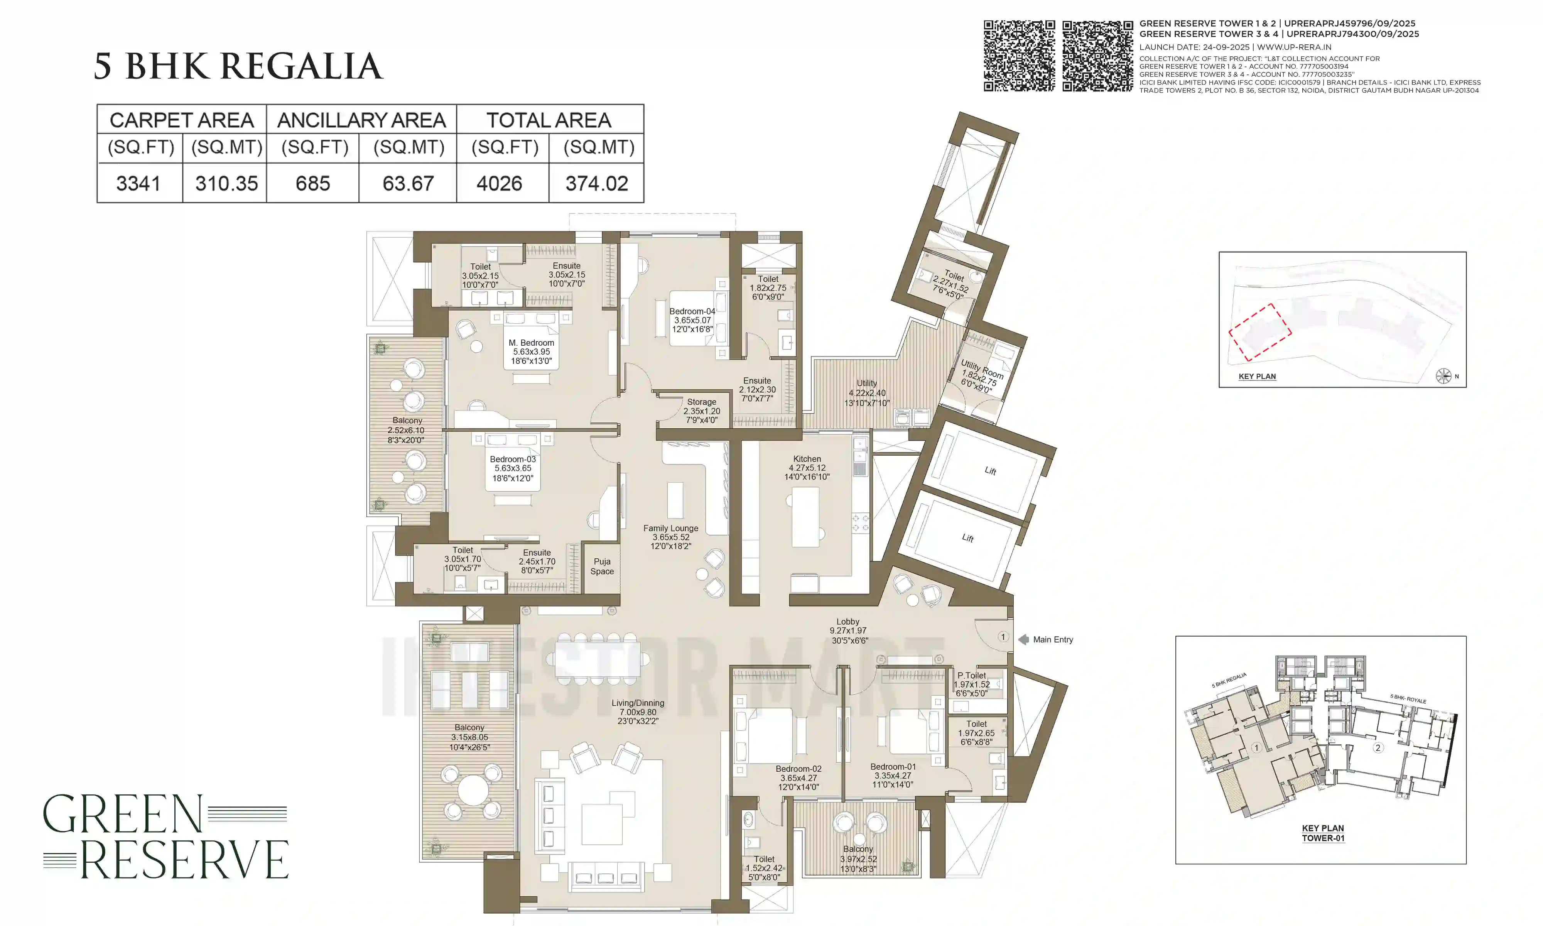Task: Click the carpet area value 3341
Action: click(138, 183)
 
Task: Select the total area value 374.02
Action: click(596, 183)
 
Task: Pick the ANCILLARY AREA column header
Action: click(361, 120)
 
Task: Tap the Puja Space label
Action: click(602, 566)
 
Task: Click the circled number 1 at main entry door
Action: click(1003, 637)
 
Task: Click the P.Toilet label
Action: click(972, 675)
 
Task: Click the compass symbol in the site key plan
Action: click(1443, 376)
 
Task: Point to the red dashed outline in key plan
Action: click(1260, 332)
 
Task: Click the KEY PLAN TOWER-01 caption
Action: click(1323, 833)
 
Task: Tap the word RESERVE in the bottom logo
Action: click(184, 860)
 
